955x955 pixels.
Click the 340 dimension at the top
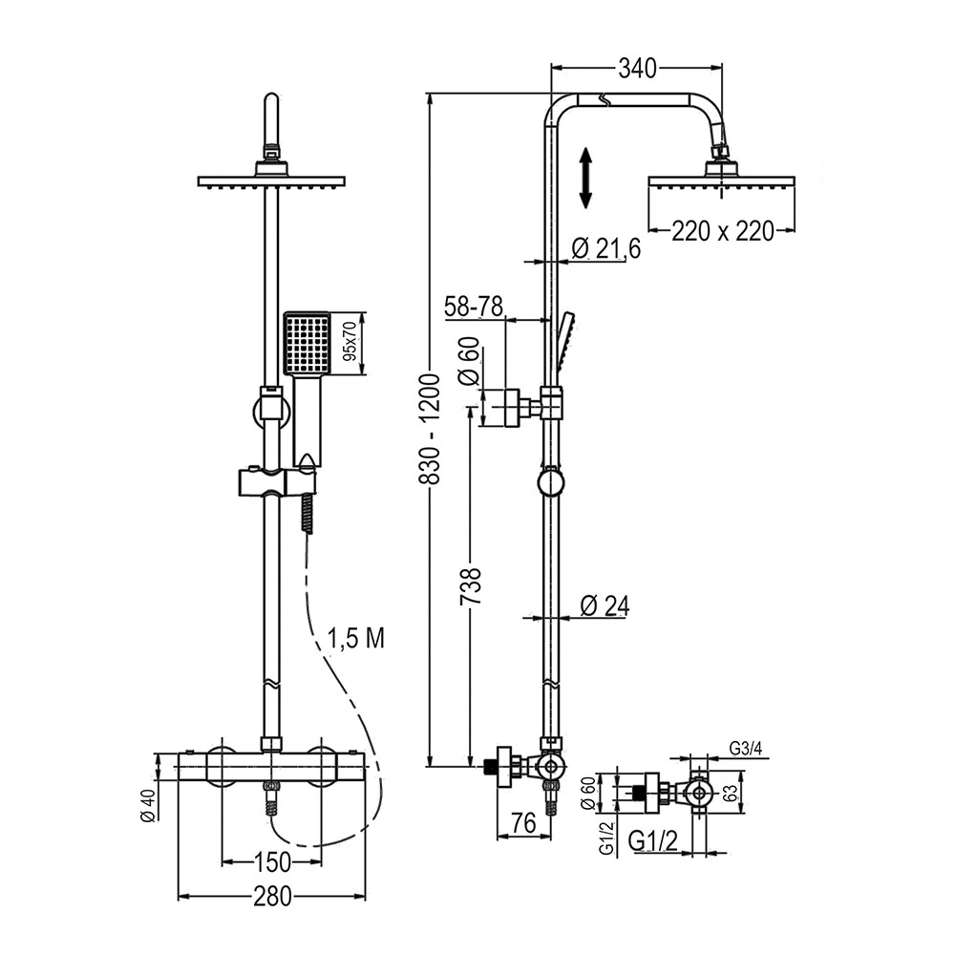point(638,68)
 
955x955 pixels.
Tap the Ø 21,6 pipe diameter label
point(605,249)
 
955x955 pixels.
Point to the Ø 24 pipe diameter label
point(604,605)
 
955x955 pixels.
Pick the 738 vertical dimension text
point(469,593)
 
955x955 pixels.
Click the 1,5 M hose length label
point(355,639)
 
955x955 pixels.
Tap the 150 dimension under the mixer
point(272,862)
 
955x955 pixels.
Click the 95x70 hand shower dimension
point(350,344)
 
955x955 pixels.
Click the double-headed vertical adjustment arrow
point(587,178)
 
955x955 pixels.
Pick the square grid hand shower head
point(306,344)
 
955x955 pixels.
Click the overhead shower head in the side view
point(721,180)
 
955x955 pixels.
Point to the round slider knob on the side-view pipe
point(551,482)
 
